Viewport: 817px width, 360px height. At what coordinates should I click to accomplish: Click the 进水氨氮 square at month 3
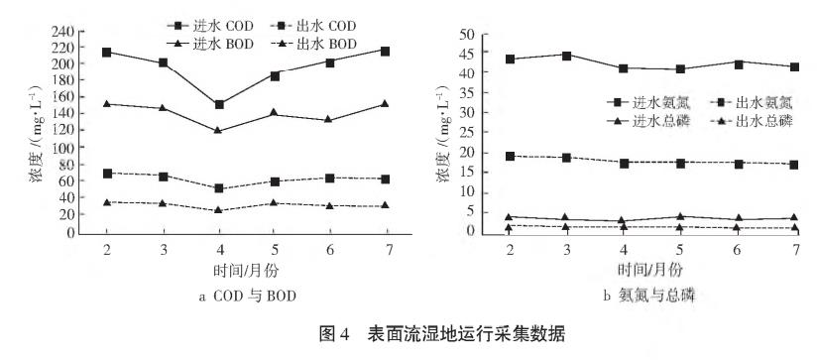coord(566,56)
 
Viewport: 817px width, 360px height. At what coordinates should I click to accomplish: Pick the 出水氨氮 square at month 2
coord(511,156)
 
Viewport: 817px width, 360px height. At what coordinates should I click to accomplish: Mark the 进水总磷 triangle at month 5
coord(679,216)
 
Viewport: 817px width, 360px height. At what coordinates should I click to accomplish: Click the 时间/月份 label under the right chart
coord(650,269)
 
